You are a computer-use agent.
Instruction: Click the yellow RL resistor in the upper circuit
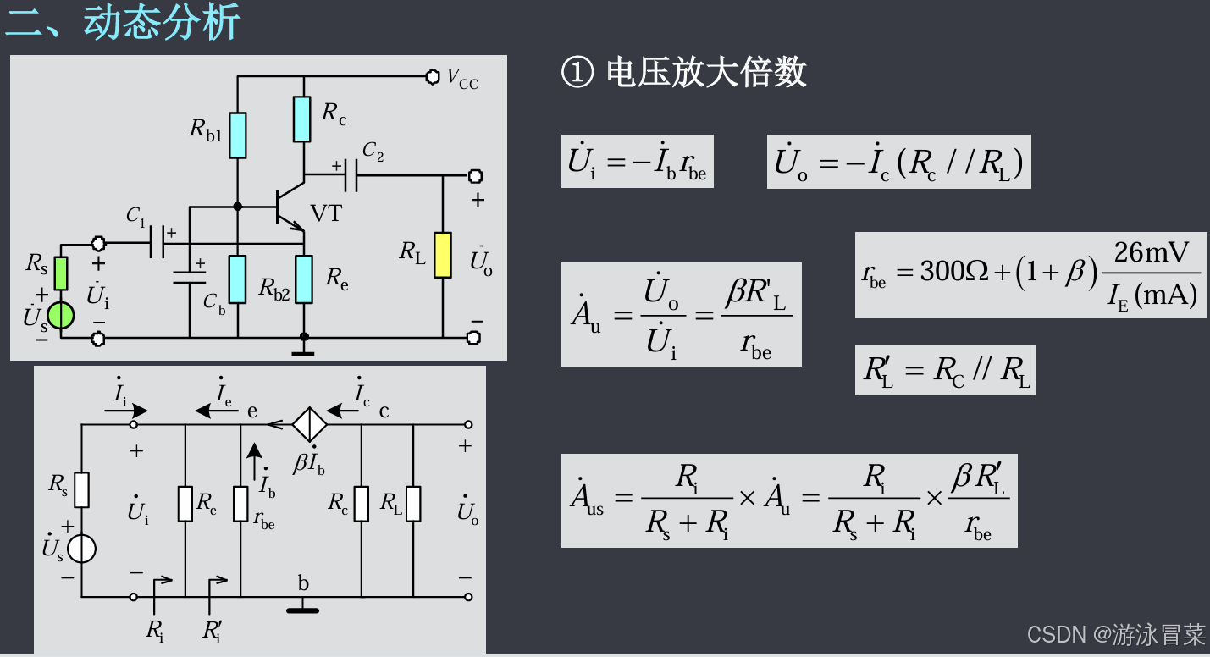442,254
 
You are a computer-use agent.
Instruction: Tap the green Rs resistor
60,273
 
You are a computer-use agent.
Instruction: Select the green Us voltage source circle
60,315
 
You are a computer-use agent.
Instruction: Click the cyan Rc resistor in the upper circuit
302,119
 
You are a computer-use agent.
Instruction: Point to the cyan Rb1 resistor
237,135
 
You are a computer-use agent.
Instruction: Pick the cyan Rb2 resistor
237,279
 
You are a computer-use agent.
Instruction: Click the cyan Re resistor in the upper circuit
304,279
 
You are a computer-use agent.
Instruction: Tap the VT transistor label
327,213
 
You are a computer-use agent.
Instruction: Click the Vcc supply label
462,79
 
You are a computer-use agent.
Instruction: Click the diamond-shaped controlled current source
310,424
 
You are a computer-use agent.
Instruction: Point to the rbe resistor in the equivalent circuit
241,504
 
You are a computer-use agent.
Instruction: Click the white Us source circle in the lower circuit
81,549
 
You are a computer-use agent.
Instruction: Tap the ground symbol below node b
302,608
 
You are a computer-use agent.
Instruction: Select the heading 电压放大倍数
705,74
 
